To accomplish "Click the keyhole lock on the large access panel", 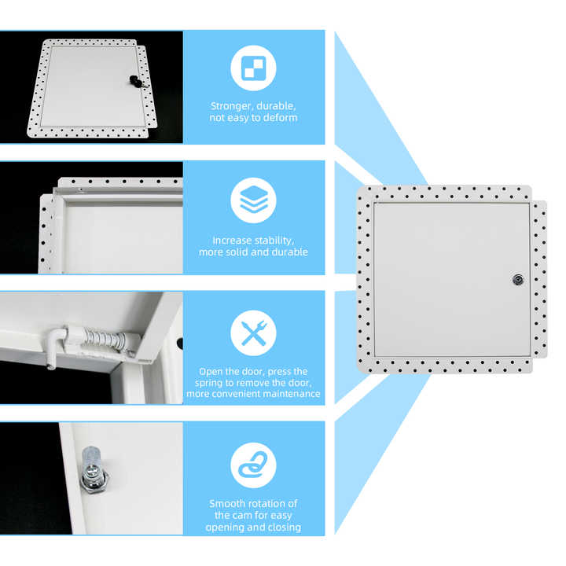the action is tap(518, 280).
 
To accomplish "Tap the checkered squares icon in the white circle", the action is tap(253, 68).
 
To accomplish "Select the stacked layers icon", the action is tap(253, 200).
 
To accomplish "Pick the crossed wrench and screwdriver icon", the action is tap(253, 333).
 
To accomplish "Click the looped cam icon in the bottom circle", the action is tap(253, 465).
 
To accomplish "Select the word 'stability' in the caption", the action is tap(276, 241).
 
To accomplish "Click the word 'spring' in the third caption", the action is tap(208, 383).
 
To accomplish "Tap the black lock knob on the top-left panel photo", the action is tap(134, 81).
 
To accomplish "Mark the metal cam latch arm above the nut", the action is tap(90, 458).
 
